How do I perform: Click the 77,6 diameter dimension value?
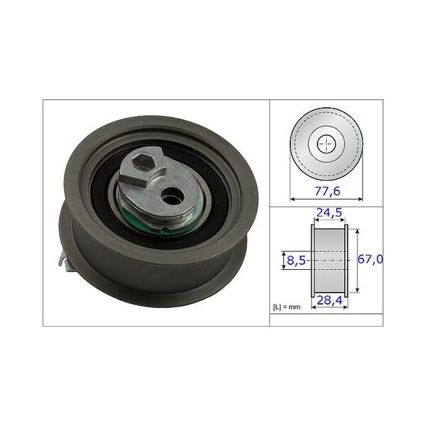(x=327, y=191)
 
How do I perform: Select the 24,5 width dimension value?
(x=329, y=212)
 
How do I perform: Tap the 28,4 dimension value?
(x=329, y=300)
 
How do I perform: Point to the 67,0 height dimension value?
(x=370, y=259)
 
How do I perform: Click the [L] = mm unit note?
(x=287, y=307)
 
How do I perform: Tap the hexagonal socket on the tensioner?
(x=143, y=162)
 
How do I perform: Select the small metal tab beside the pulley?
(x=65, y=261)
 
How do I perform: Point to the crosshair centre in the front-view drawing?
(x=327, y=143)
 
